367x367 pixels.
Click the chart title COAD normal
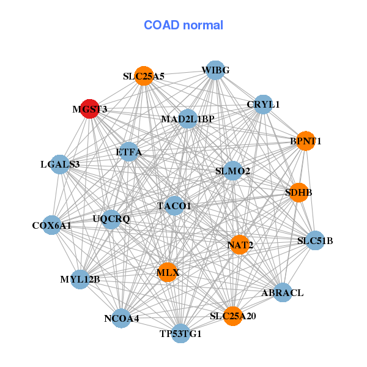tap(183, 25)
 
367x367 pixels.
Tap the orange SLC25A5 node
tap(144, 76)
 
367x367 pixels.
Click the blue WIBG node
tap(215, 70)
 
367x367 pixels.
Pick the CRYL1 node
tap(262, 105)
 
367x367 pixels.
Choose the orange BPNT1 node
tap(305, 141)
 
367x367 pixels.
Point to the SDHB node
tap(298, 192)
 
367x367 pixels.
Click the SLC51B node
tap(314, 240)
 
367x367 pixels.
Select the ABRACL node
tap(282, 292)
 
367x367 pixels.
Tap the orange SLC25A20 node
tap(232, 316)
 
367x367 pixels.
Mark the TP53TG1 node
tap(180, 333)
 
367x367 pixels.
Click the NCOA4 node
tap(122, 318)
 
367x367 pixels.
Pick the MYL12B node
tap(80, 280)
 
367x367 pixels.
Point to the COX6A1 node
tap(52, 225)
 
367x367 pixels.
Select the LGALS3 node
tap(60, 164)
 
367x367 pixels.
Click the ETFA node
tap(128, 151)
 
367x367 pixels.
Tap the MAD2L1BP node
tap(188, 118)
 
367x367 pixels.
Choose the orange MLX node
tap(168, 272)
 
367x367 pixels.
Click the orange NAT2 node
tap(240, 245)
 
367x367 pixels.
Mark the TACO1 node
tap(174, 206)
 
